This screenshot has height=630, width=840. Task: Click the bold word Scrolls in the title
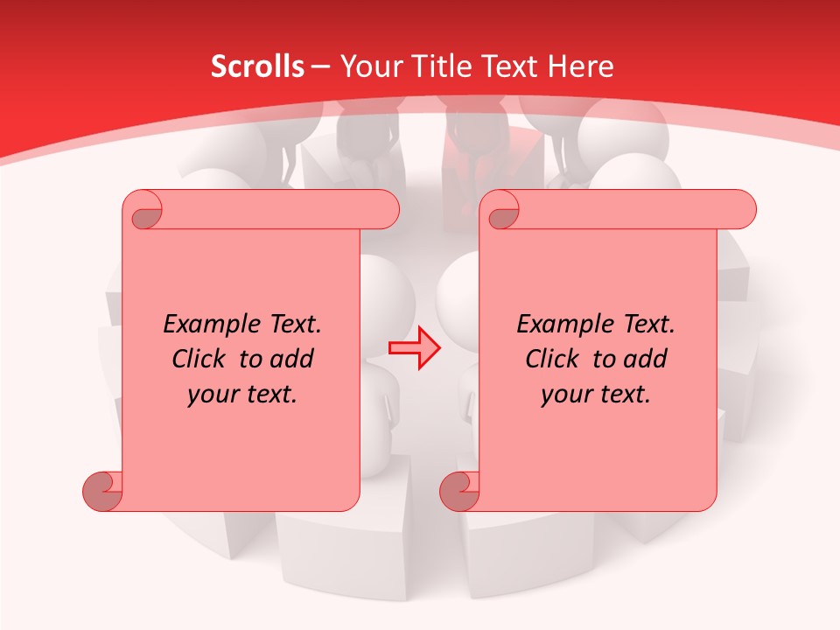(x=257, y=66)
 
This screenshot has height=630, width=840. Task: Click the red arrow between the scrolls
(x=415, y=348)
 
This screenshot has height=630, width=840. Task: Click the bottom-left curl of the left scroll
(x=103, y=490)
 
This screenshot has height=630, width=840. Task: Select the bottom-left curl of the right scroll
(x=460, y=490)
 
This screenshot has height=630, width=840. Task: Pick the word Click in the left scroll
(x=199, y=359)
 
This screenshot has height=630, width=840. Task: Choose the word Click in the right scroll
(x=552, y=359)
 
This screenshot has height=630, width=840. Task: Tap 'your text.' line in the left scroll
(x=242, y=395)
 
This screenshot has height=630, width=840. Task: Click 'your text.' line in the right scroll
(x=596, y=395)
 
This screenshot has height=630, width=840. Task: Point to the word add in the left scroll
(x=291, y=359)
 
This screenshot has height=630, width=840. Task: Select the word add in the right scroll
(x=645, y=359)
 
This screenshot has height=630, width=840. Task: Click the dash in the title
(x=320, y=67)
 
